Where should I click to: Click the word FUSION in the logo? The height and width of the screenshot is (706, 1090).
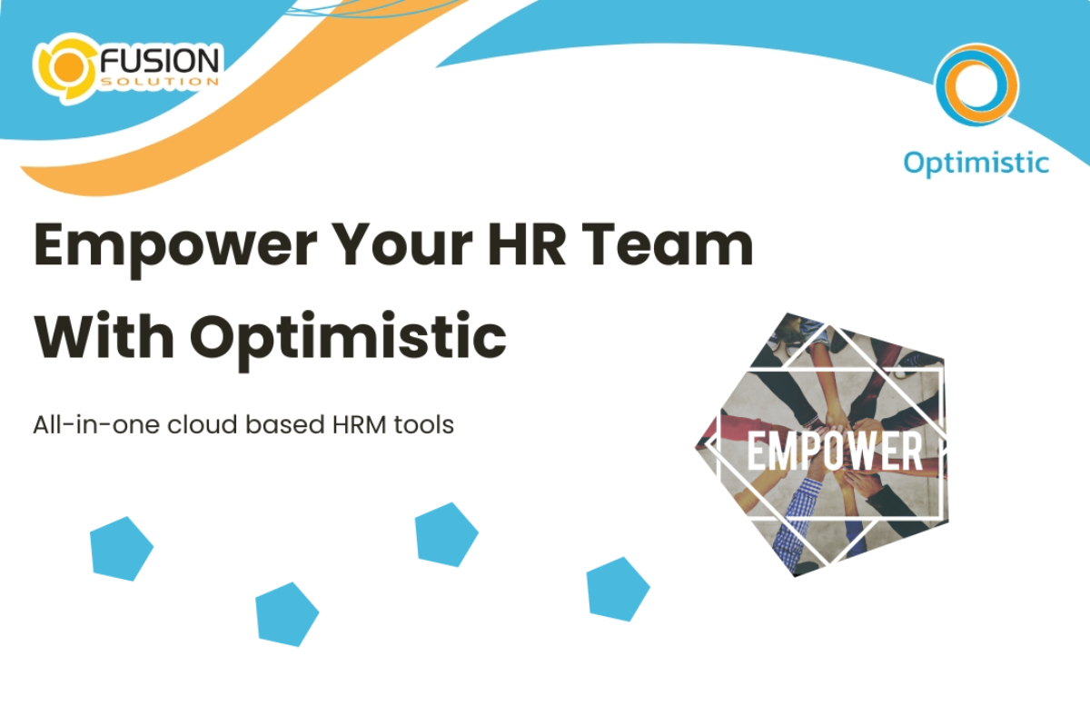[x=160, y=61]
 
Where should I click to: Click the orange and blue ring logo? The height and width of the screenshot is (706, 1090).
[x=976, y=84]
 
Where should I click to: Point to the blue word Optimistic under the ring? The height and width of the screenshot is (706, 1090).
[x=976, y=162]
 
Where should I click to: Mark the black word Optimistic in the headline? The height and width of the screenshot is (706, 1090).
[x=348, y=335]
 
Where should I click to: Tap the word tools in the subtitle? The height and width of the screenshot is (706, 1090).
[x=424, y=424]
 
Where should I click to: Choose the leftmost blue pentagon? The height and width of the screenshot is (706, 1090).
[x=121, y=548]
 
